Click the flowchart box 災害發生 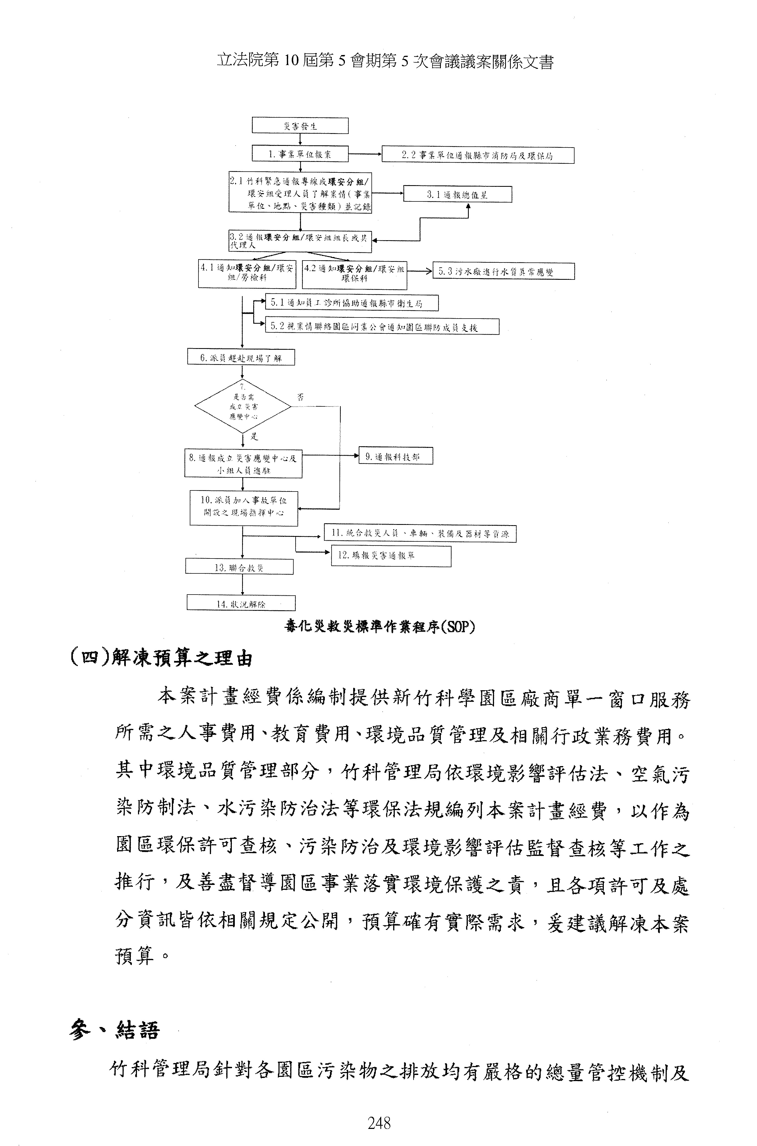click(300, 126)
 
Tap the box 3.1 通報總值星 click(457, 195)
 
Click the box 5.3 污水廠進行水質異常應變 click(503, 271)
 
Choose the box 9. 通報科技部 click(395, 456)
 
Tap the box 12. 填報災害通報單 click(391, 556)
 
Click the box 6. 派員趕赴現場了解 click(240, 358)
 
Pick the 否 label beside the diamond click(300, 397)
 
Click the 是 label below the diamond click(254, 437)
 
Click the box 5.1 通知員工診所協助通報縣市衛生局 click(351, 303)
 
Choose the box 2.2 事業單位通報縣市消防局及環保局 click(477, 155)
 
